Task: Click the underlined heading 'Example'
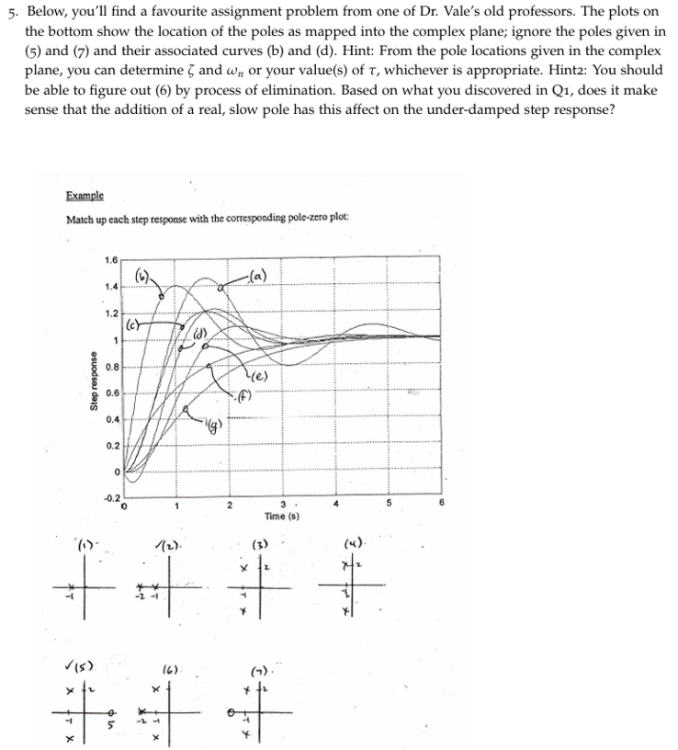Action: click(x=85, y=196)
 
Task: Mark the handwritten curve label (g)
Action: click(x=214, y=423)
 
